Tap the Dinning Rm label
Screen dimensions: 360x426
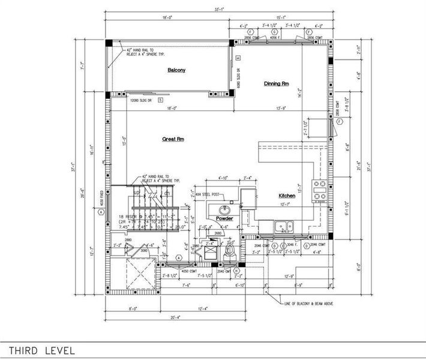(276, 83)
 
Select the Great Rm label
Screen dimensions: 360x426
(172, 139)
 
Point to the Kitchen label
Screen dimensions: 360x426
(287, 196)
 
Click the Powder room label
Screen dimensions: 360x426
(224, 218)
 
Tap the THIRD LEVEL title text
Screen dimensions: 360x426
(42, 350)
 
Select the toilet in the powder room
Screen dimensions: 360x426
(230, 252)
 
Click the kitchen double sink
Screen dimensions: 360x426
(283, 226)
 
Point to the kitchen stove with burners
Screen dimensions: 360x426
(319, 188)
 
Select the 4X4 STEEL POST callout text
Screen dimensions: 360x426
(206, 194)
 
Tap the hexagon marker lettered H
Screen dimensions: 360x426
(238, 271)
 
